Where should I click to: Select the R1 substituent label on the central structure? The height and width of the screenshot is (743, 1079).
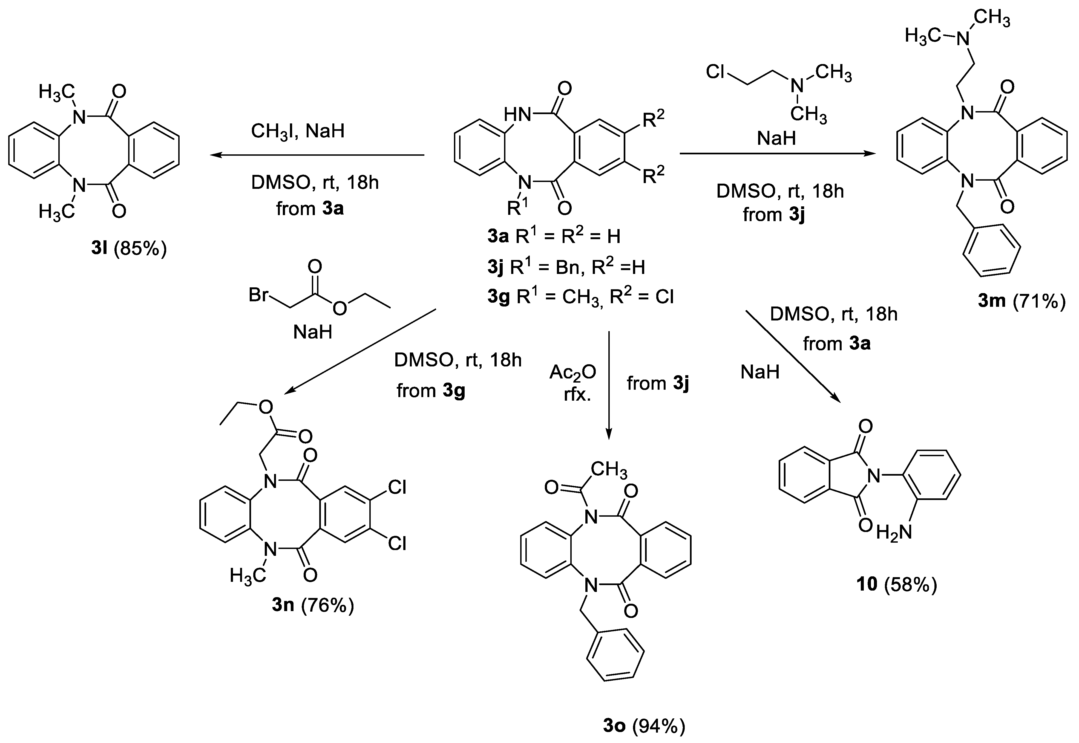517,208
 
